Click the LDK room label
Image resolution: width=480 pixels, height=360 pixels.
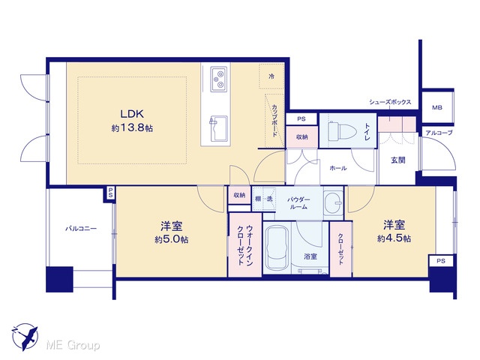[132, 114]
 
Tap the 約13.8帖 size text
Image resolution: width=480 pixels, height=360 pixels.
[132, 128]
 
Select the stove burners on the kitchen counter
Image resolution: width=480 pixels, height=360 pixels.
[219, 79]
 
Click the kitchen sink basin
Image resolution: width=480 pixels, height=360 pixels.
[218, 128]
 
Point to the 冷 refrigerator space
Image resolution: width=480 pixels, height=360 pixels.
[271, 76]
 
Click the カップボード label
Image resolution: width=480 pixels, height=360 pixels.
[274, 121]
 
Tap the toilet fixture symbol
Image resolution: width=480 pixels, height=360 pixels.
[343, 131]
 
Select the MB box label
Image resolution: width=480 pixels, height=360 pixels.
[436, 107]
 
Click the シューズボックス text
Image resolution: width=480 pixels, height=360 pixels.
[390, 102]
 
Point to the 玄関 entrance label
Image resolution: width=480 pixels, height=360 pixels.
[398, 160]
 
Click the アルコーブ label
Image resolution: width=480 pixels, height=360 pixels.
[439, 133]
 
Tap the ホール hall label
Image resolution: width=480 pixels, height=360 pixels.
[338, 168]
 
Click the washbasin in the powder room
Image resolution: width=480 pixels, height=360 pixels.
[333, 202]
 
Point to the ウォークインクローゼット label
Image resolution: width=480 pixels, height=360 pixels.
[245, 245]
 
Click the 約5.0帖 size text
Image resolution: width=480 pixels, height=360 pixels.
[172, 239]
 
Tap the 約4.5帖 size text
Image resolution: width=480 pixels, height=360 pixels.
[394, 238]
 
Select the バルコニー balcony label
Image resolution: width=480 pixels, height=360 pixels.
[81, 229]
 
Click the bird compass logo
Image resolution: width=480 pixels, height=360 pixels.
[25, 337]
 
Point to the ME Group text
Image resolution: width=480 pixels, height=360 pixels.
[73, 346]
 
